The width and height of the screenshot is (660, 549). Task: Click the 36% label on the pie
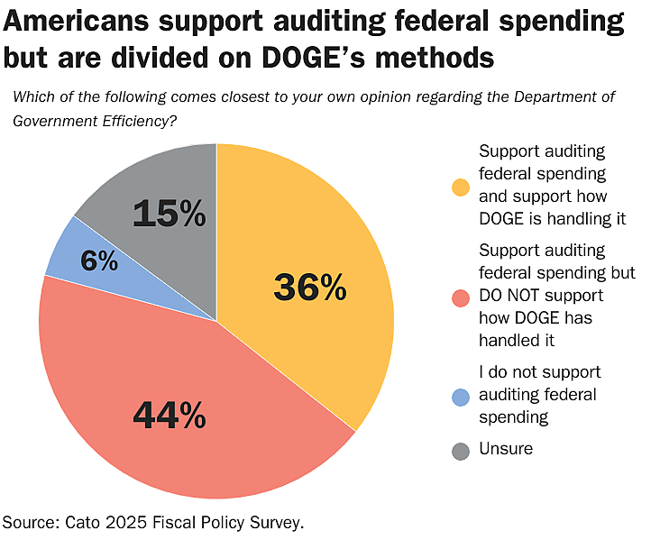tap(309, 288)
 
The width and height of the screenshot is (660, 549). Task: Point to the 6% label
tap(99, 261)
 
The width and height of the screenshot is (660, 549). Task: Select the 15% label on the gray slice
tap(169, 214)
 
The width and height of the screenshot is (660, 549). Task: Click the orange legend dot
tap(461, 187)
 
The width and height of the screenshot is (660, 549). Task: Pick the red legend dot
tap(461, 297)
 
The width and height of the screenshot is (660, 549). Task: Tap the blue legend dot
tap(461, 396)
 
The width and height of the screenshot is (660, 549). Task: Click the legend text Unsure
tap(506, 448)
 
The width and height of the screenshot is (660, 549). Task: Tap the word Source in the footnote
tap(29, 522)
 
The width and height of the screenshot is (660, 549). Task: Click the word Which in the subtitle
tap(31, 97)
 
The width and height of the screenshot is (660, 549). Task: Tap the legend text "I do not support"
tap(539, 371)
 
